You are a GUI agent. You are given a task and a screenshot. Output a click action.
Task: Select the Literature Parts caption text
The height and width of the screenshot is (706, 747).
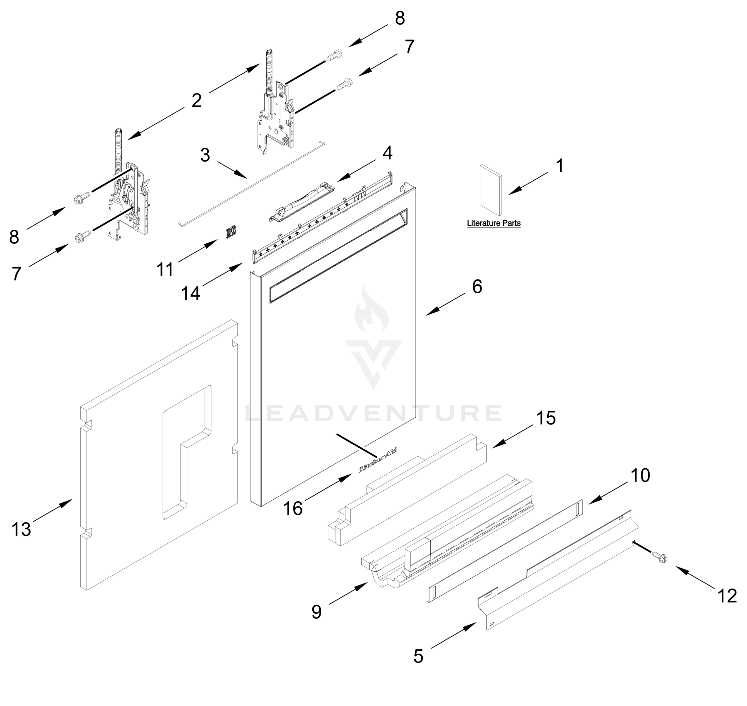(x=494, y=223)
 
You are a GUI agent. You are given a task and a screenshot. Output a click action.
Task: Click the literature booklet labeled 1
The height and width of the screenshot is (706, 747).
(x=490, y=190)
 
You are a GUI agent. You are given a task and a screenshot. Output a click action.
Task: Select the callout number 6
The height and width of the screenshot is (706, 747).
(x=477, y=287)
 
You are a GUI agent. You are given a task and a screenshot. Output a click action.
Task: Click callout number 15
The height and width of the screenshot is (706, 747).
(x=546, y=418)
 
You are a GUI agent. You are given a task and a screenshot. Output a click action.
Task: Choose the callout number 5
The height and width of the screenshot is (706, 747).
(x=418, y=657)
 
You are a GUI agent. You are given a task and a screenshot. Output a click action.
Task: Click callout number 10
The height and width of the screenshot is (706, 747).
(x=640, y=476)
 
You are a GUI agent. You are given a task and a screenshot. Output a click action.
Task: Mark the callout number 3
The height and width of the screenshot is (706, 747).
(x=205, y=155)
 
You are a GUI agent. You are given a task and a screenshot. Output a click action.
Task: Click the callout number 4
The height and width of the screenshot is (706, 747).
(x=387, y=153)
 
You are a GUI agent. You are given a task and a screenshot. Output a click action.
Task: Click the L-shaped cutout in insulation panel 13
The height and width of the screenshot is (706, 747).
(x=186, y=452)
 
